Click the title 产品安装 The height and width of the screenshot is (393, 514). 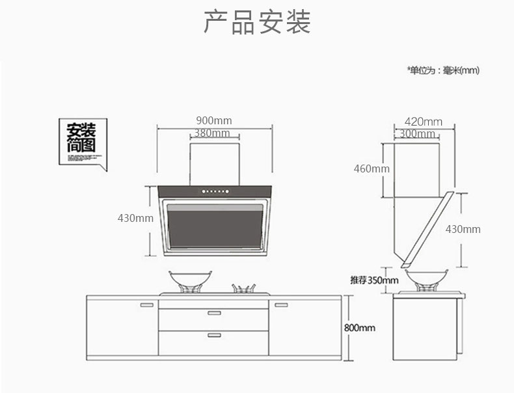257,21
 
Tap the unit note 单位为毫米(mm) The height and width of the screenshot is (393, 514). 443,70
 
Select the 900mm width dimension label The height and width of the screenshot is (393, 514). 213,120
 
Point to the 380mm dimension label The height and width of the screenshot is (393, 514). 212,133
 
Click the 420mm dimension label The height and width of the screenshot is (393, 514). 423,122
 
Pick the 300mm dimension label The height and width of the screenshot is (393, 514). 417,134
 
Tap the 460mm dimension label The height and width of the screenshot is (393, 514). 372,169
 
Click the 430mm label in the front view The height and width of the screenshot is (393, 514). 135,218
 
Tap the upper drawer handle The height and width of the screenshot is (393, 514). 214,314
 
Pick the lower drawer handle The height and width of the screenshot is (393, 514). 214,335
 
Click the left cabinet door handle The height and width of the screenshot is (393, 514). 147,305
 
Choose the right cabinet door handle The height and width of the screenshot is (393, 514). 280,305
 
